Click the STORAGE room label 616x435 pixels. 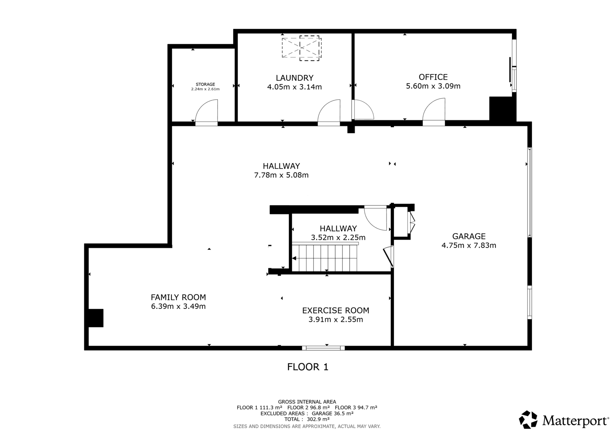click(x=205, y=84)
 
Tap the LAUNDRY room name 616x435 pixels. click(x=295, y=78)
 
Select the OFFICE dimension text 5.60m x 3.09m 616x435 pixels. click(x=433, y=86)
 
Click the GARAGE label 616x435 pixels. click(x=469, y=236)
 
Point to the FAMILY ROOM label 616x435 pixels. click(x=178, y=297)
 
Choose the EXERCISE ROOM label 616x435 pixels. click(x=335, y=310)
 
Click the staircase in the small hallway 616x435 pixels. click(x=325, y=258)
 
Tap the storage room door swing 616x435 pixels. click(x=206, y=111)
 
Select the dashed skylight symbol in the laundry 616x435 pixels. click(x=302, y=48)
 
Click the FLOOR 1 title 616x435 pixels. click(x=308, y=367)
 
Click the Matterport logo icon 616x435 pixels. click(x=528, y=420)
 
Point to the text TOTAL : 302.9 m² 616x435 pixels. click(x=307, y=419)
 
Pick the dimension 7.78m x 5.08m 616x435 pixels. click(x=281, y=175)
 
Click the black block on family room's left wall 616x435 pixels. click(x=96, y=318)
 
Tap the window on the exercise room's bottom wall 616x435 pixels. click(x=323, y=348)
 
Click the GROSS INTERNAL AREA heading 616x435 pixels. click(x=307, y=402)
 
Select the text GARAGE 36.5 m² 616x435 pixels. click(x=333, y=413)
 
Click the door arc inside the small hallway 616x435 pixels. click(x=376, y=218)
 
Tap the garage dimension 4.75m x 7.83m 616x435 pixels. click(x=469, y=245)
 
